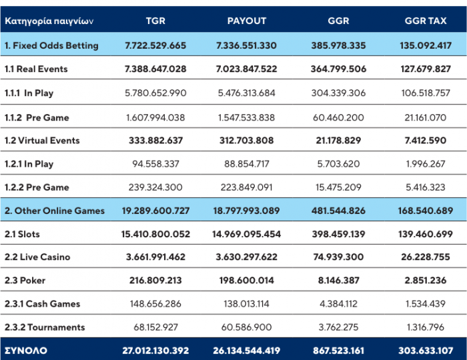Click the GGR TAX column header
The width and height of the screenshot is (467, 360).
coord(426,21)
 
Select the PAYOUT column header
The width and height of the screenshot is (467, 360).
coord(247,21)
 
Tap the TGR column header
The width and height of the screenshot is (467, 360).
coord(155,21)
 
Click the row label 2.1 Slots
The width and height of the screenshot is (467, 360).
coord(22,234)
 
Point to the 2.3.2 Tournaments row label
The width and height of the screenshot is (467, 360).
coord(45,327)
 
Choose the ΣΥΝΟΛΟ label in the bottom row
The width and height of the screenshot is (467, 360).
coord(26,351)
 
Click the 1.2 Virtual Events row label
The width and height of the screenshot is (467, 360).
coord(42,141)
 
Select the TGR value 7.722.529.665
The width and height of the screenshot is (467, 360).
coord(155,45)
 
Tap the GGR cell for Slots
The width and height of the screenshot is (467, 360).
coord(338,234)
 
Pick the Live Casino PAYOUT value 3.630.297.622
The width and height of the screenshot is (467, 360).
coord(247,257)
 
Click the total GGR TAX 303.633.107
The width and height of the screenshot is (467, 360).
coord(426,351)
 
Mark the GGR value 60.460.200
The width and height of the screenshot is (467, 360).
coord(338,117)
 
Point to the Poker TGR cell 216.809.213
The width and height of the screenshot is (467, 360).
coord(155,280)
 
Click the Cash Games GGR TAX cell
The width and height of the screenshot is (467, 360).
coord(426,304)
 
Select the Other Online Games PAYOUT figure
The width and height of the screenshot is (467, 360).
coord(247,211)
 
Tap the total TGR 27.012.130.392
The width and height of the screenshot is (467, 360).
coord(155,351)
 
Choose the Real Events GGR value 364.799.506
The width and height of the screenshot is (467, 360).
coord(338,69)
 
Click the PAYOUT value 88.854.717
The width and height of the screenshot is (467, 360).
coord(247,164)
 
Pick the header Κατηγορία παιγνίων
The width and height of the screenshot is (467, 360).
coord(49,21)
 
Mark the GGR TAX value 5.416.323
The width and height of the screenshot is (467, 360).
coord(426,187)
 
